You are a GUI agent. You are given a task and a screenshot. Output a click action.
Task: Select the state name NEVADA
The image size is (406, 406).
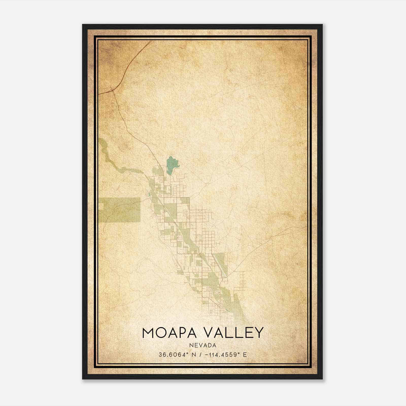coord(203,345)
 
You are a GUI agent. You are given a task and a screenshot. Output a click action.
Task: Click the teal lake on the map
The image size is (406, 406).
coord(171,165)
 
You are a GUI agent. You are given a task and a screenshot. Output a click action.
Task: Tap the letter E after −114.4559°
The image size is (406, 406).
coord(245,354)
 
